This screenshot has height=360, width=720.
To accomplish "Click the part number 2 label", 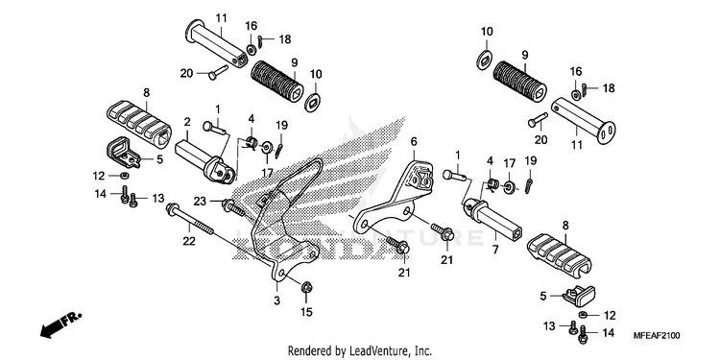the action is [187, 122].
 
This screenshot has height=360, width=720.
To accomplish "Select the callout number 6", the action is [414, 142].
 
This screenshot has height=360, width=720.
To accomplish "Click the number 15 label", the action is [306, 312].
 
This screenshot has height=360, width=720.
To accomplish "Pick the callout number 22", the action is [189, 241].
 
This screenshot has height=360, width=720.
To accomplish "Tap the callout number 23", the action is [200, 202].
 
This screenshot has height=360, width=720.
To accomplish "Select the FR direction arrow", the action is [60, 324].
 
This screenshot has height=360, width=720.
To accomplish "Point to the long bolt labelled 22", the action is [189, 219].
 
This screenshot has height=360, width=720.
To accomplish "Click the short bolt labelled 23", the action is [233, 207].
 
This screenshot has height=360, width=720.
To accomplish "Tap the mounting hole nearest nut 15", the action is [283, 275].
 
